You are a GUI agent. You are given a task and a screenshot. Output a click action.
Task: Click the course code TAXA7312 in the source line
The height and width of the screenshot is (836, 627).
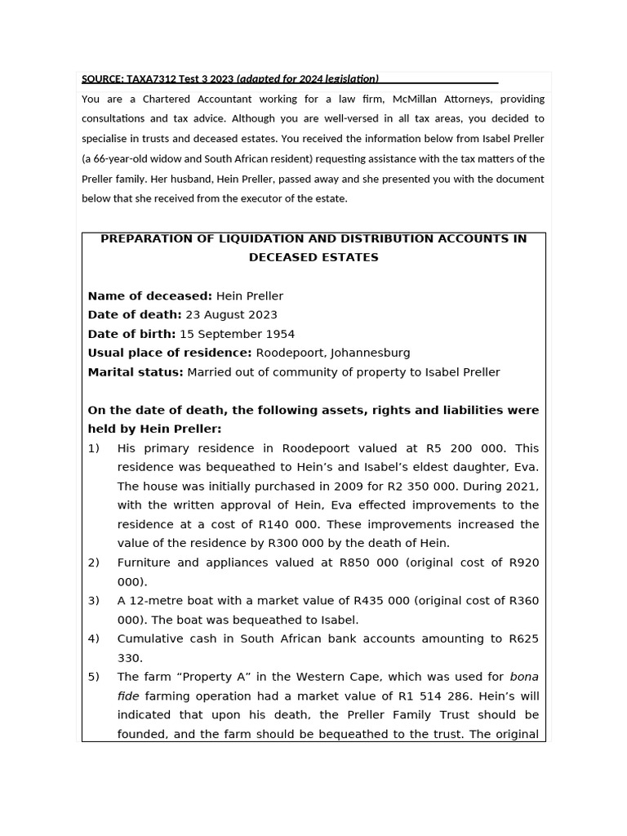[155, 79]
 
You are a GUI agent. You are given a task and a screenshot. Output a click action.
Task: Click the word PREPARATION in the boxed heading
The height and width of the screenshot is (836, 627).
[143, 238]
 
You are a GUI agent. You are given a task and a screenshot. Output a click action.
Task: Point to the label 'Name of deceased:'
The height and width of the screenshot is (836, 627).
[149, 296]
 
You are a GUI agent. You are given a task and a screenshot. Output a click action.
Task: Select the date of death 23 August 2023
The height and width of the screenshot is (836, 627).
[231, 314]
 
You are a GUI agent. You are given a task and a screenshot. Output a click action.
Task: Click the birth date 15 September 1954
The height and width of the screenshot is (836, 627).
[237, 334]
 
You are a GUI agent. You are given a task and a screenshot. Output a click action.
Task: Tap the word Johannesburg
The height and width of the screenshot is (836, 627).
[371, 353]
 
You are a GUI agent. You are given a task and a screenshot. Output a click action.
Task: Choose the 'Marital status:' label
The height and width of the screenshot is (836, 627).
[136, 372]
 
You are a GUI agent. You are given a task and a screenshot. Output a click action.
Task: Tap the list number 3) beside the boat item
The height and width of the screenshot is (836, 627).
[94, 601]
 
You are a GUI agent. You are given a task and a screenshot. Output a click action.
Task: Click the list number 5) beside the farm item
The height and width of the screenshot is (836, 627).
[94, 677]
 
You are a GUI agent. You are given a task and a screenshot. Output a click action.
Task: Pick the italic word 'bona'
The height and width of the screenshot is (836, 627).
[524, 677]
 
